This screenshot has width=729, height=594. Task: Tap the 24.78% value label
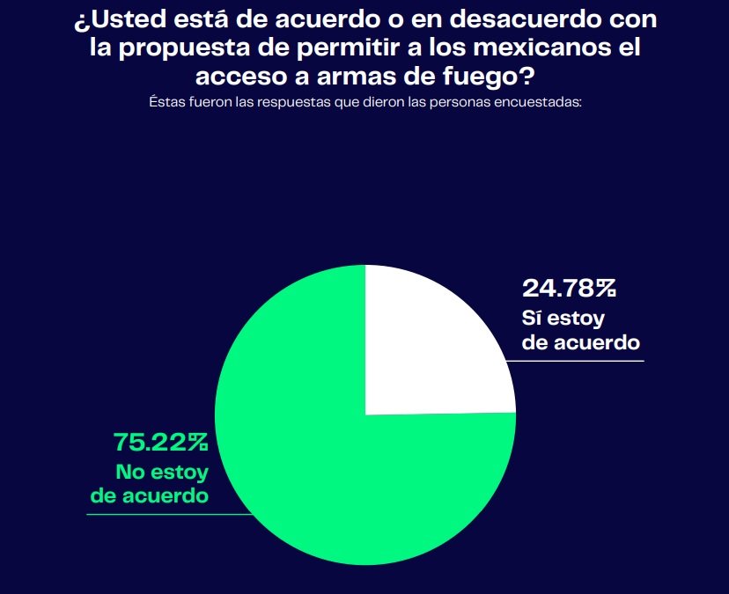569,288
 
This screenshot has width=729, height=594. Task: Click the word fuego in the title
480,77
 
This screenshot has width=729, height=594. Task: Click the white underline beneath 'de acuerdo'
581,360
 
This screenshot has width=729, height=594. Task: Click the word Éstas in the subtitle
166,102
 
